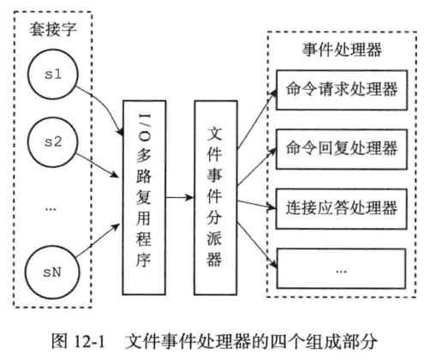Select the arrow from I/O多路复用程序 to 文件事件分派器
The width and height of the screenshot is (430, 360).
[180, 196]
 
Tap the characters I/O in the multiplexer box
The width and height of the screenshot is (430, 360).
[142, 120]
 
